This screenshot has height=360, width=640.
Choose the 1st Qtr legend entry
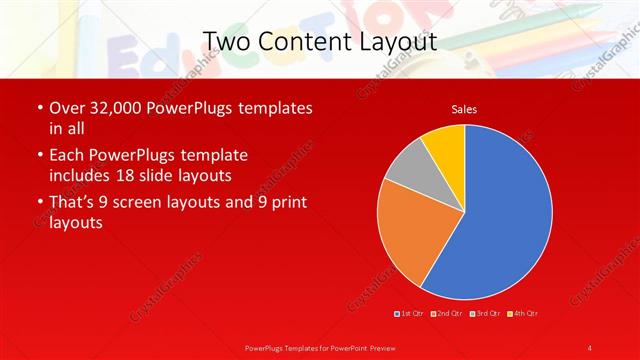click(x=409, y=314)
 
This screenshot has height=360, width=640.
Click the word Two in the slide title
click(x=225, y=42)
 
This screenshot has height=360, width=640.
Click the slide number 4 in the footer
click(x=590, y=347)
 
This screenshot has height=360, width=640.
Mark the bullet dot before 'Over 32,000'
click(x=39, y=108)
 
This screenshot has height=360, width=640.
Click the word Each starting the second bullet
click(x=69, y=156)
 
